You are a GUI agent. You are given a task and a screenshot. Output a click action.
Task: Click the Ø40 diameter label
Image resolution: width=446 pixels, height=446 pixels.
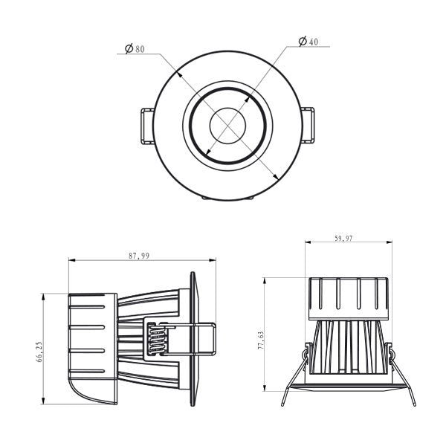308,42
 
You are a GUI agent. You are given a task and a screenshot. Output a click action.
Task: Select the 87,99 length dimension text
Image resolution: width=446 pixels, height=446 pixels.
139,256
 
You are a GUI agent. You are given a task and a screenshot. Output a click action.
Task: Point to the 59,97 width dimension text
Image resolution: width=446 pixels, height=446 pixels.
343,239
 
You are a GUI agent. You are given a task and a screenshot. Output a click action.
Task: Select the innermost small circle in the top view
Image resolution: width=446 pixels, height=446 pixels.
227,124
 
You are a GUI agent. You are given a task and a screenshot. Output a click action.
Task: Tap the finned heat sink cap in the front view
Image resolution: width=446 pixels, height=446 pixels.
348,297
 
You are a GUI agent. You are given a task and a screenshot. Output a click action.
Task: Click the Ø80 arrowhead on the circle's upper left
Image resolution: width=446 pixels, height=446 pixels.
176,74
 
